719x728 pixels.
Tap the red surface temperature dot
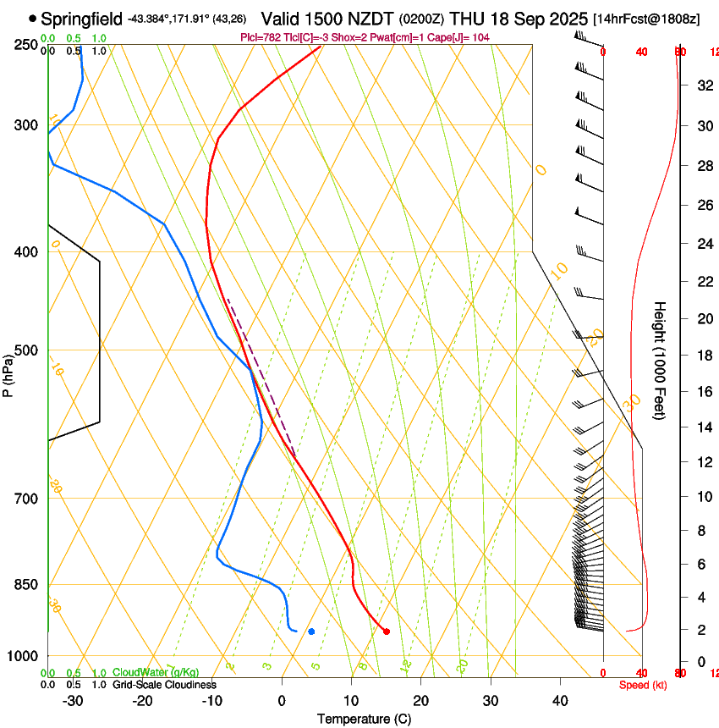(387, 631)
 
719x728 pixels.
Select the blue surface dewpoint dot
(311, 631)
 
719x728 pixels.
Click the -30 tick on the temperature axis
(74, 701)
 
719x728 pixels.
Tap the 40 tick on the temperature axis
(560, 701)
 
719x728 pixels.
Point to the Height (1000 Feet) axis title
(660, 360)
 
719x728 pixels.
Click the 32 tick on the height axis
(703, 85)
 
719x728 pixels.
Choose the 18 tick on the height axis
(703, 356)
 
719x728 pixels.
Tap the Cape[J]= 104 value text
(464, 38)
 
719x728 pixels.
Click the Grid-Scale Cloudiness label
(164, 684)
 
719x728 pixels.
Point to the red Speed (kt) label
(643, 685)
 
